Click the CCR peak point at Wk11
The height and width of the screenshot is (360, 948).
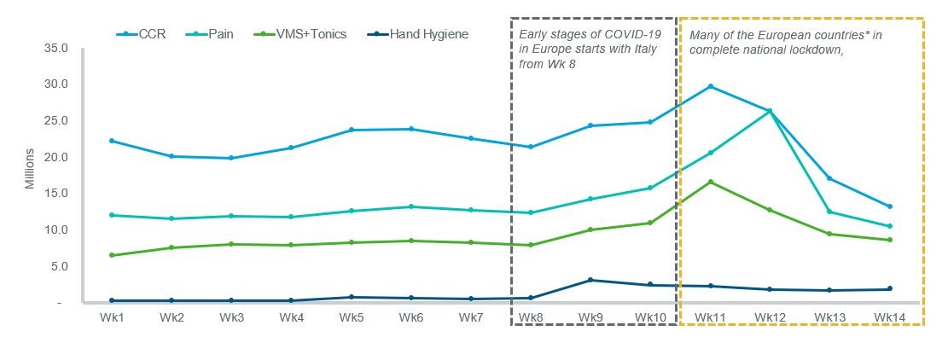pyautogui.click(x=710, y=86)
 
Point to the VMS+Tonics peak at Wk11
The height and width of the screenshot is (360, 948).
pyautogui.click(x=710, y=182)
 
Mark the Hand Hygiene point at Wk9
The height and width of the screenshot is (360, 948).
pyautogui.click(x=590, y=280)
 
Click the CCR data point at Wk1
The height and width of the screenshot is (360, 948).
pyautogui.click(x=113, y=141)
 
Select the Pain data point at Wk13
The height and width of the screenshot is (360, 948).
pyautogui.click(x=829, y=212)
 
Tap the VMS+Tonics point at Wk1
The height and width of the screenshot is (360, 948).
pyautogui.click(x=113, y=255)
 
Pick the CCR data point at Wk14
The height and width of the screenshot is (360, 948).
pyautogui.click(x=889, y=206)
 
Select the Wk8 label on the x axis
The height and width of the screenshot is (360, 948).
pyautogui.click(x=531, y=318)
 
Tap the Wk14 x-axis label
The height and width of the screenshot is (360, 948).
pyautogui.click(x=889, y=318)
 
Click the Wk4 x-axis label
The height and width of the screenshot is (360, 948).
pyautogui.click(x=292, y=318)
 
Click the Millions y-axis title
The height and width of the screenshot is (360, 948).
pyautogui.click(x=29, y=169)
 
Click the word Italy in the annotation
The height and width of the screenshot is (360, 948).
pyautogui.click(x=651, y=49)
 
